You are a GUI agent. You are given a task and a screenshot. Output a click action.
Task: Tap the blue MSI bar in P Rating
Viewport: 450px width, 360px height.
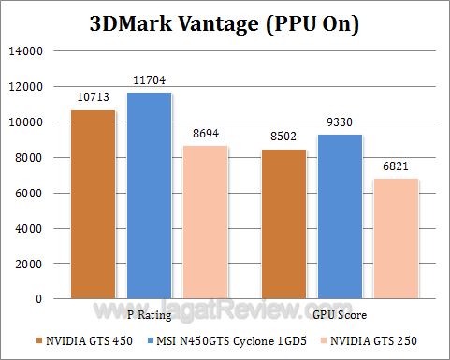pos(149,195)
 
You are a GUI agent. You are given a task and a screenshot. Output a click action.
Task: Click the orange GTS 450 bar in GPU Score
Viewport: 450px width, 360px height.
pos(285,223)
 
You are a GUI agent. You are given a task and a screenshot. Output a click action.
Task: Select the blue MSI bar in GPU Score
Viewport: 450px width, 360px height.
pos(341,216)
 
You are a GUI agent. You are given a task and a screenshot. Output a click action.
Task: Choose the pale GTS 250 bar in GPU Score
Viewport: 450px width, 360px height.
pos(397,238)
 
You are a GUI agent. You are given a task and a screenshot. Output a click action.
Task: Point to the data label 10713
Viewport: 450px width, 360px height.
pos(94,97)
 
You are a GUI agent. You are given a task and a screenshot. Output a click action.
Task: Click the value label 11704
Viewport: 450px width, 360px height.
pos(149,80)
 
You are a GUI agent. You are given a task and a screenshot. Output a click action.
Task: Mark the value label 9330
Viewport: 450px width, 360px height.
pos(341,122)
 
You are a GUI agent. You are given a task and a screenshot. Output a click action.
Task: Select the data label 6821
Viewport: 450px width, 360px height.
pos(397,166)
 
